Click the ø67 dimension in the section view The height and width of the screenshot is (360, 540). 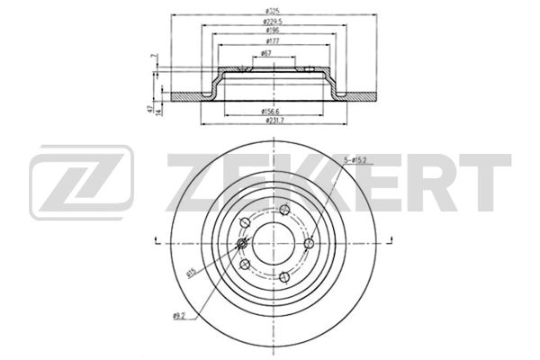click(x=267, y=54)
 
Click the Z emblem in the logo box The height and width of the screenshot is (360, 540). click(x=82, y=185)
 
